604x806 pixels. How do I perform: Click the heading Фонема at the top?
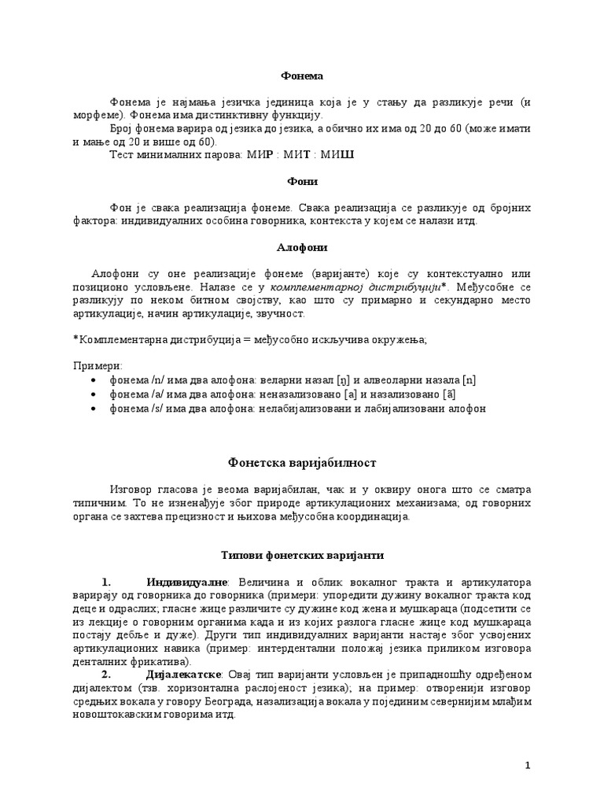coord(302,76)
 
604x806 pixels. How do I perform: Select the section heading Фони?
coord(302,181)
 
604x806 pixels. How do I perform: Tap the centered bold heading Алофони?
coord(302,247)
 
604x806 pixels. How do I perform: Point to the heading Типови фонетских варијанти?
coord(302,555)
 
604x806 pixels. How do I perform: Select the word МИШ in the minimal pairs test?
coord(340,154)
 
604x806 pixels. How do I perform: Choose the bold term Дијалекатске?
coord(186,675)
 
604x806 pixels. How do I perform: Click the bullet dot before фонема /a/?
coord(95,394)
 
